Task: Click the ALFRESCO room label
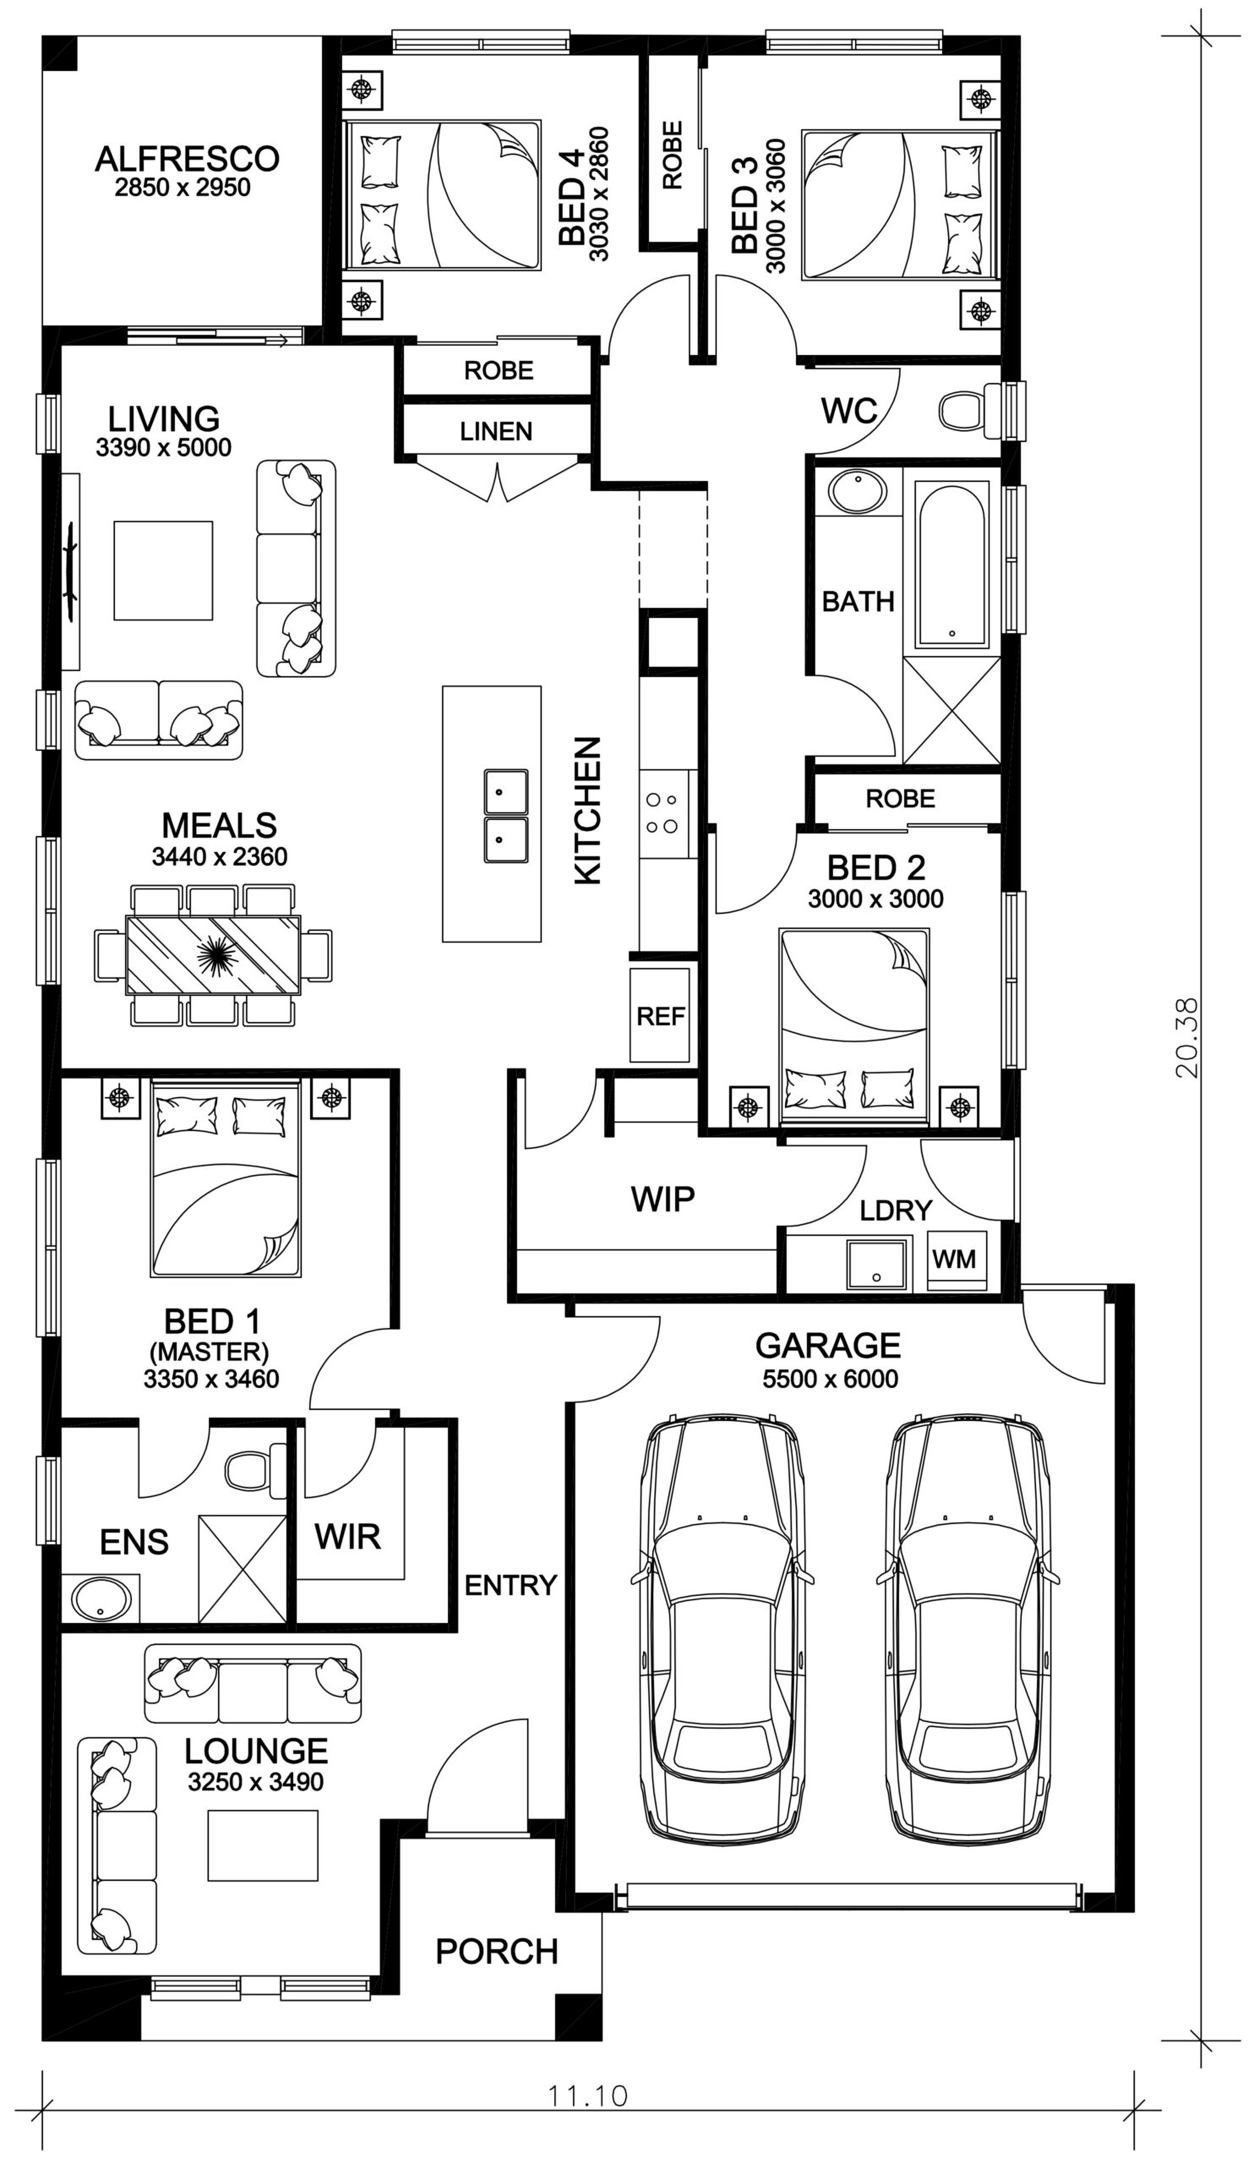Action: pyautogui.click(x=186, y=159)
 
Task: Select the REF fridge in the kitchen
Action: pyautogui.click(x=659, y=1015)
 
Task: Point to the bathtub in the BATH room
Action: pyautogui.click(x=951, y=564)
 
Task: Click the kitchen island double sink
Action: pyautogui.click(x=505, y=816)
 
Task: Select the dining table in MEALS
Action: pyautogui.click(x=213, y=955)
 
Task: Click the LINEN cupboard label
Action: pyautogui.click(x=495, y=431)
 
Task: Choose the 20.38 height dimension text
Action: pyautogui.click(x=1188, y=1036)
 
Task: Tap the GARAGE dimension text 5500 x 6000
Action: pyautogui.click(x=829, y=1379)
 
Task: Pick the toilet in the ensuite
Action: pyautogui.click(x=255, y=1469)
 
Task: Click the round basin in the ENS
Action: pyautogui.click(x=101, y=1599)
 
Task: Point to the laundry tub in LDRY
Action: pyautogui.click(x=876, y=1263)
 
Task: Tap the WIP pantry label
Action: pyautogui.click(x=662, y=1199)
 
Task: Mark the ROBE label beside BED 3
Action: pyautogui.click(x=672, y=155)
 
